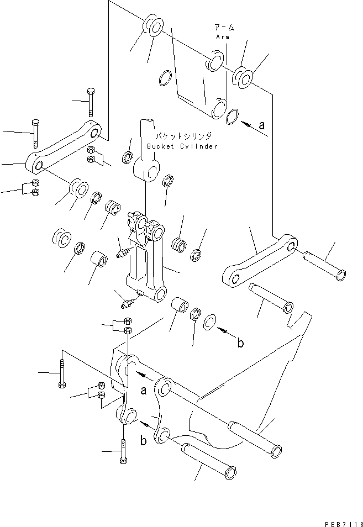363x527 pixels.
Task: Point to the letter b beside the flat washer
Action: click(240, 343)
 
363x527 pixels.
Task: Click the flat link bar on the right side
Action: click(260, 260)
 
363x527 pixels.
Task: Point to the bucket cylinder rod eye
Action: click(147, 166)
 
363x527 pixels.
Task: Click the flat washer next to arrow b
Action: click(211, 322)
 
